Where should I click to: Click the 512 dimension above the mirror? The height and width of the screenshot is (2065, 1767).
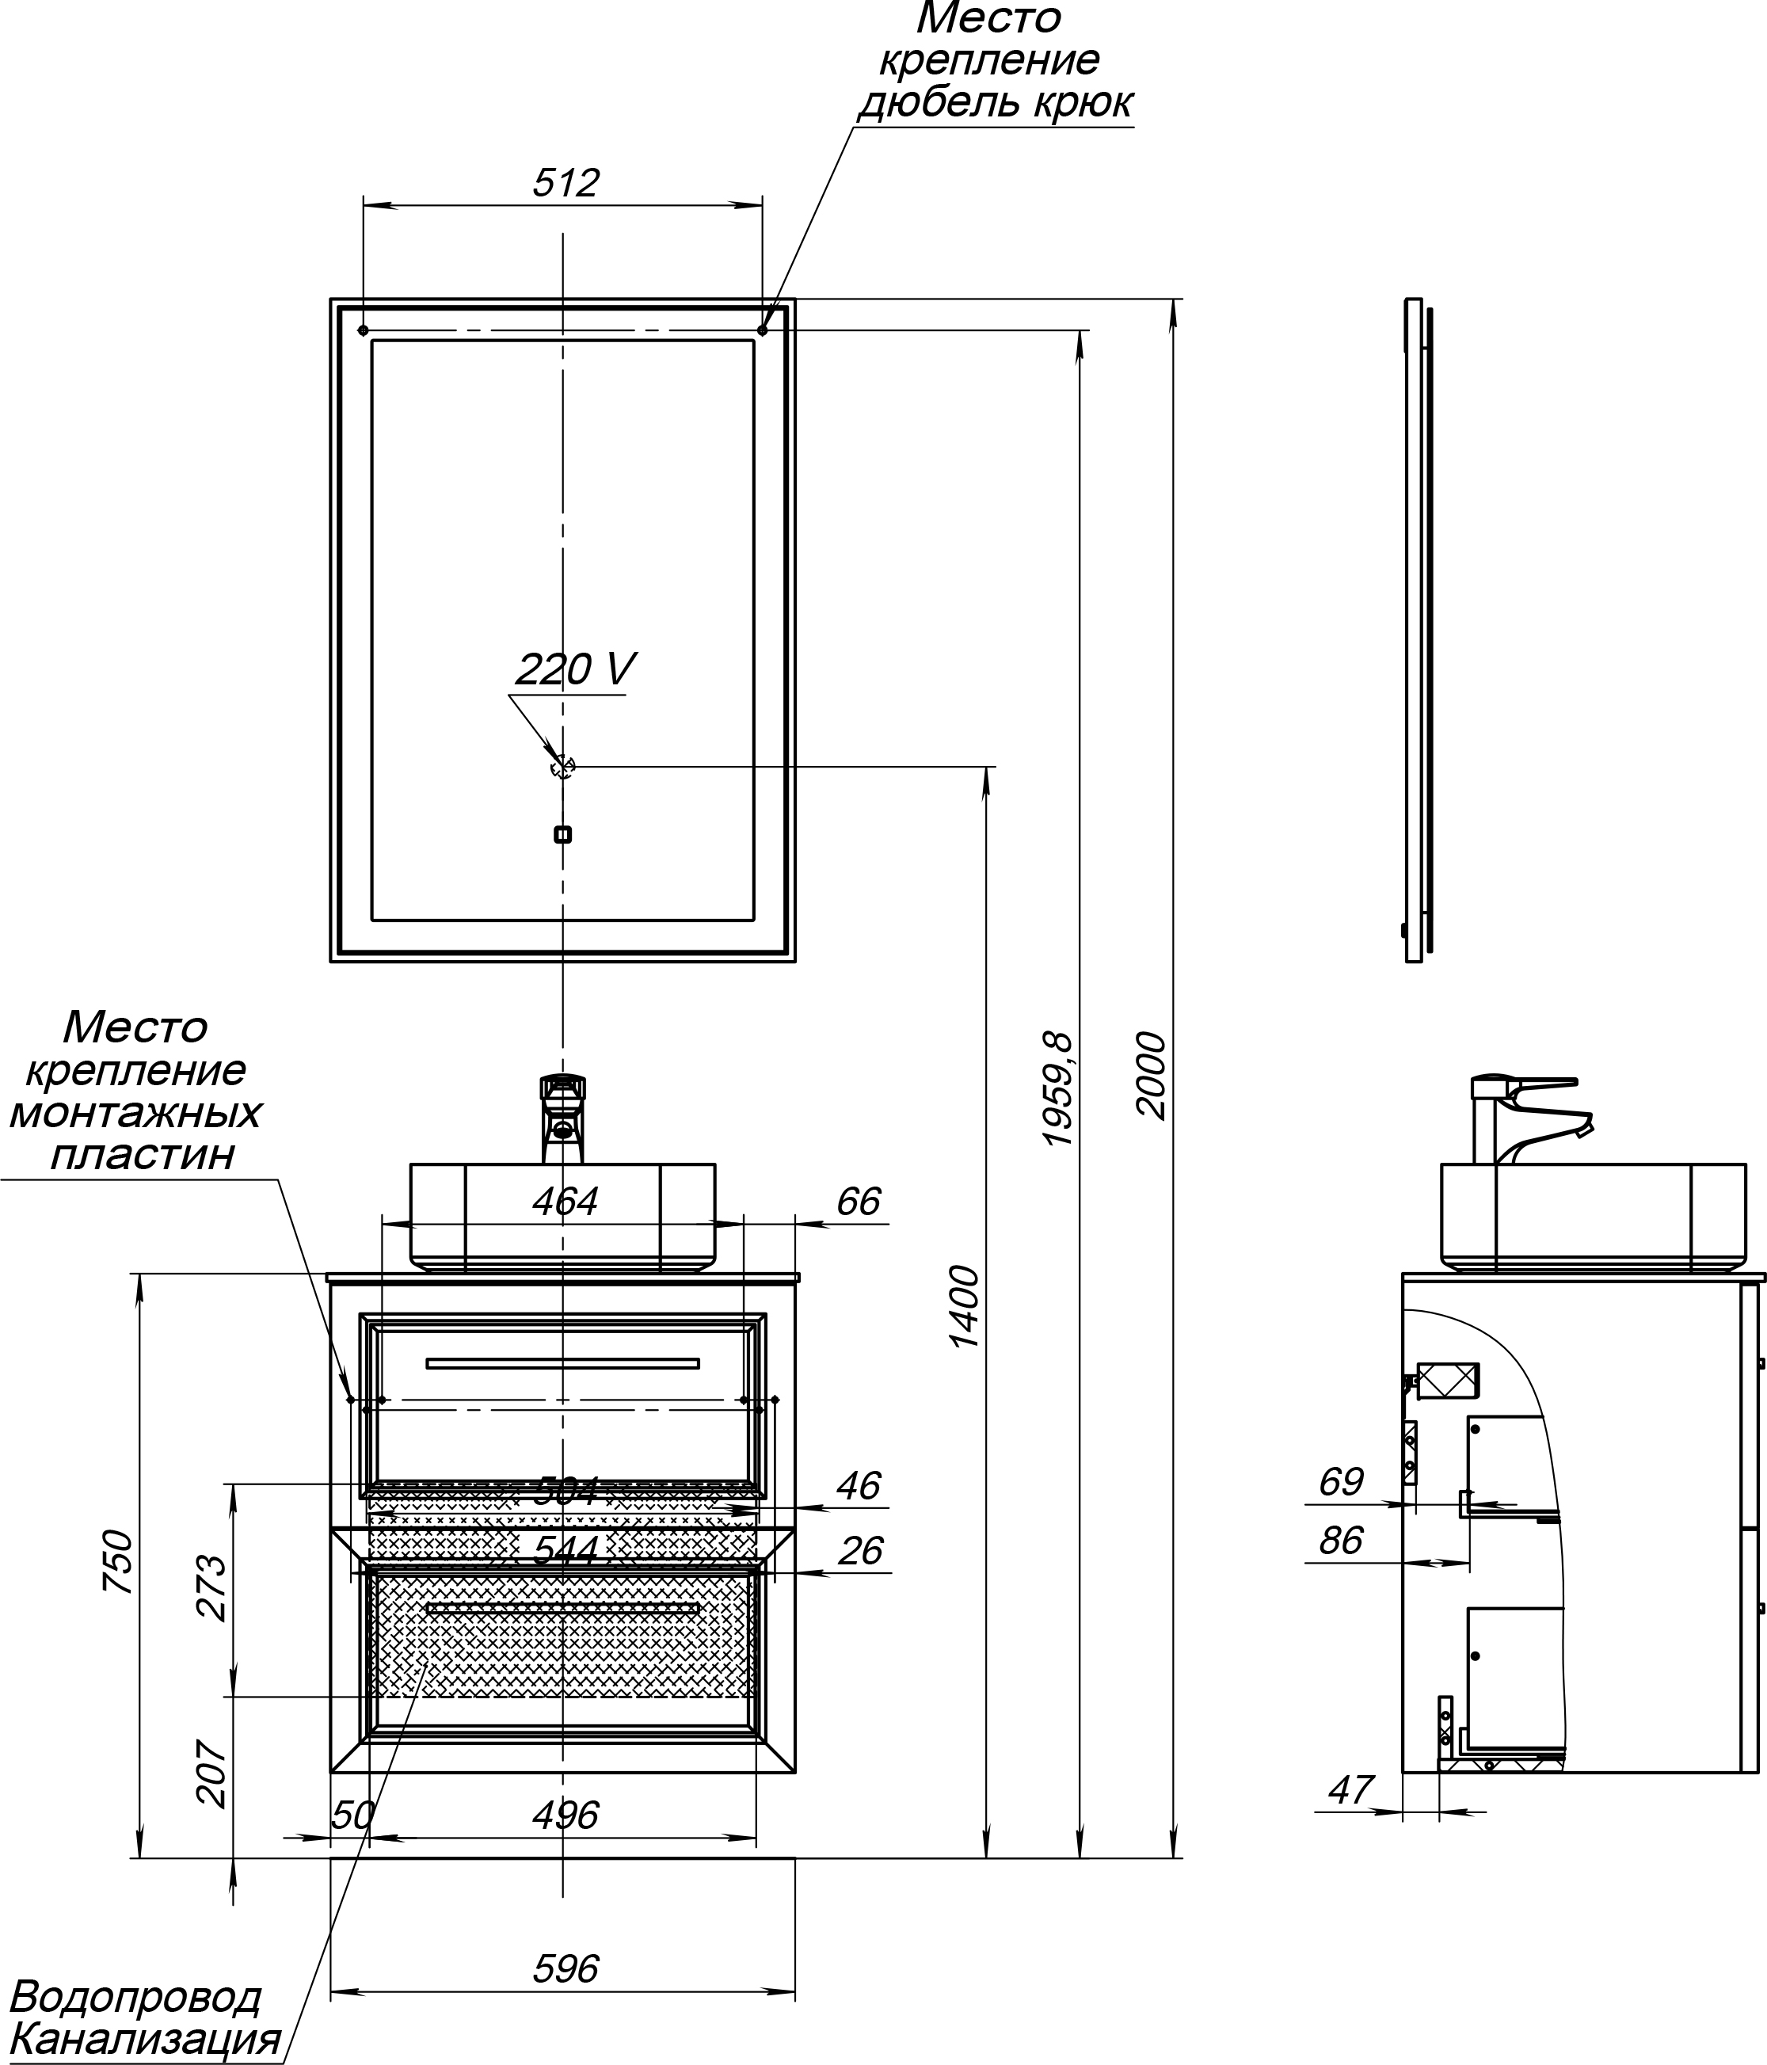coord(565,184)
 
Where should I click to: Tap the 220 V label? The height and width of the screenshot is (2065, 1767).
coord(575,669)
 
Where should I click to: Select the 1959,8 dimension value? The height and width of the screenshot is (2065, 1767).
coord(1057,1088)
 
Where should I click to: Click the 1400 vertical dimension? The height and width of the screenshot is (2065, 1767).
coord(964,1307)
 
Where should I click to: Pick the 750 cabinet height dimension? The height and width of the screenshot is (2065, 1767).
coord(117,1560)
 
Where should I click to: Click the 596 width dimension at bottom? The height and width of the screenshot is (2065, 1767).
coord(565,1968)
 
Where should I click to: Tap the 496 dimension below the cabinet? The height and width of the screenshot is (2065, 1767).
coord(565,1815)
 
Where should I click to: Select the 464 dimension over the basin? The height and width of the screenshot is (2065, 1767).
coord(565,1201)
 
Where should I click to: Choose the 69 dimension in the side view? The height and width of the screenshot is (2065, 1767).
coord(1340,1482)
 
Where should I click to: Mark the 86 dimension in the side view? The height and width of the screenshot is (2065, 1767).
coord(1340,1541)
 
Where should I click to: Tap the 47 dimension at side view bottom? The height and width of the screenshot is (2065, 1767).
coord(1350,1790)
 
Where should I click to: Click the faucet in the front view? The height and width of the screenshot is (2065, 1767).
coord(562,1117)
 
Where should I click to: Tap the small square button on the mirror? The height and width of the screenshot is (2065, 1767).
coord(562,834)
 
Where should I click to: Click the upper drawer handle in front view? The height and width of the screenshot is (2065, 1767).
coord(562,1363)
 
